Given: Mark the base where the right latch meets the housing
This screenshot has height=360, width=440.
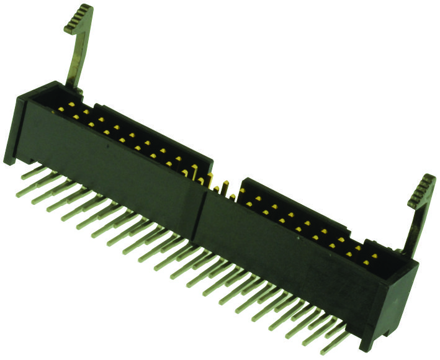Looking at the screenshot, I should pos(407,251).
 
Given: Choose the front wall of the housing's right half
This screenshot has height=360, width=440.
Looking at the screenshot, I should pos(285,261).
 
